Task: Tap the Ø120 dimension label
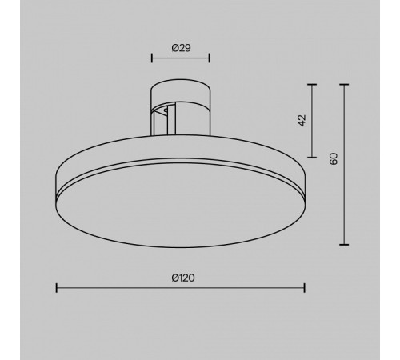tap(183, 278)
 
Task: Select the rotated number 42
tap(302, 119)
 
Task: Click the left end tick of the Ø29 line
tap(152, 58)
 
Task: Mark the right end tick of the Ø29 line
tap(210, 58)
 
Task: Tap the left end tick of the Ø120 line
tap(56, 288)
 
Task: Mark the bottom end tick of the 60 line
tap(345, 245)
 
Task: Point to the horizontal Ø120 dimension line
tap(120, 288)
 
